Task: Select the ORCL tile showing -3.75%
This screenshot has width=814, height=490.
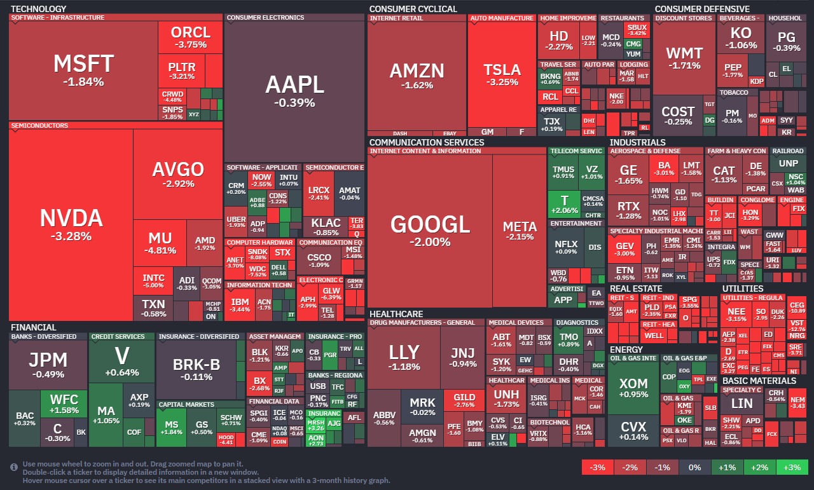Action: (190, 37)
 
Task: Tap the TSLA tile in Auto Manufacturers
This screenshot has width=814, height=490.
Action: (502, 75)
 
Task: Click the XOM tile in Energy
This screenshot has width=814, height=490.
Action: (633, 388)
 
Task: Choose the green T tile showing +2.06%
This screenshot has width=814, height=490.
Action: (563, 205)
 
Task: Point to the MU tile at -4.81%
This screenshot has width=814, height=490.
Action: (160, 243)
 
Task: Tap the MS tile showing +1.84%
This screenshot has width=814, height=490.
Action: (172, 428)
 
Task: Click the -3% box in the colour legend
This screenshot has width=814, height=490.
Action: (598, 468)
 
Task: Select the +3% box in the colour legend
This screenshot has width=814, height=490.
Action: (792, 468)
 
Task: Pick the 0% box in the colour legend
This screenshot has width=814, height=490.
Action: (694, 468)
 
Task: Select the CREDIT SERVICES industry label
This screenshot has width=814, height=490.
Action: (118, 336)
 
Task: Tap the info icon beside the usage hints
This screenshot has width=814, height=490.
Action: (14, 467)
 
